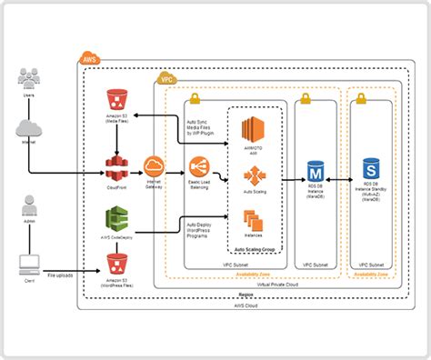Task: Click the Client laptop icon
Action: (29, 264)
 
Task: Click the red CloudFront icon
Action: (115, 165)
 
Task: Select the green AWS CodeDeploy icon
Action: (115, 219)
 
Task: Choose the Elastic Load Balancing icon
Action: (199, 167)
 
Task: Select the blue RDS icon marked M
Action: (316, 169)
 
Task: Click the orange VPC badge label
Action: (166, 80)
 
